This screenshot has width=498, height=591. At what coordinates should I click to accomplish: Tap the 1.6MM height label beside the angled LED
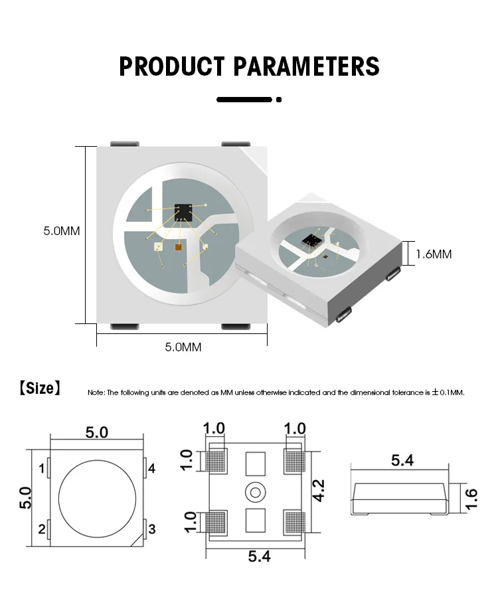click(x=434, y=254)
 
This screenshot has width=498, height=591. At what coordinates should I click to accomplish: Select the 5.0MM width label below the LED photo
click(x=183, y=347)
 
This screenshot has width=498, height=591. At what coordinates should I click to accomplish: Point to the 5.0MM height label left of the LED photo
click(x=61, y=231)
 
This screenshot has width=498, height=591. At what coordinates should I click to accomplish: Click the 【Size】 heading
click(x=40, y=388)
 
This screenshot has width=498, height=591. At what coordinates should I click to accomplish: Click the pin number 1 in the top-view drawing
click(x=42, y=469)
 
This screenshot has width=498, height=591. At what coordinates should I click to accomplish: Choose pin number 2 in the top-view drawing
click(x=42, y=529)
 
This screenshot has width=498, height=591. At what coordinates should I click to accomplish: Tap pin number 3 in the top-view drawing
click(x=151, y=529)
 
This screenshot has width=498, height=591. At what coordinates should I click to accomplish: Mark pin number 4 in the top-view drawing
click(x=151, y=469)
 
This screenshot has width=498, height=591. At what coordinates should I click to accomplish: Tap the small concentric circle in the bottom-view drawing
click(x=255, y=493)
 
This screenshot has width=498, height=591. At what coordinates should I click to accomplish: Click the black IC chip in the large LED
click(x=183, y=212)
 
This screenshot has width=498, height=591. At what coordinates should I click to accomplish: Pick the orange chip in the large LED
click(x=179, y=248)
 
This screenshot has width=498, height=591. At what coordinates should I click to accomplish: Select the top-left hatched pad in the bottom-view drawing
click(x=217, y=459)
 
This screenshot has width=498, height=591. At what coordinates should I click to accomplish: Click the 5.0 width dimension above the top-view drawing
click(x=97, y=432)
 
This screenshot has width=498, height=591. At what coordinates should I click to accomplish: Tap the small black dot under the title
click(x=279, y=100)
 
